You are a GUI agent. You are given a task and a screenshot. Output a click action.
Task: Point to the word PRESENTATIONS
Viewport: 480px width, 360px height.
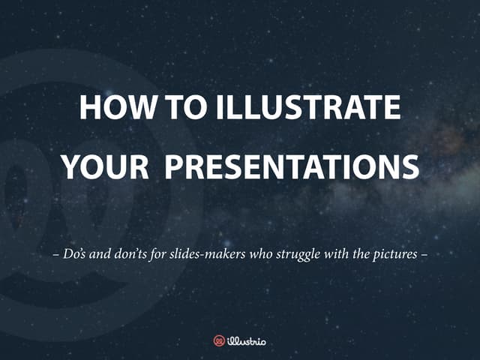(292, 166)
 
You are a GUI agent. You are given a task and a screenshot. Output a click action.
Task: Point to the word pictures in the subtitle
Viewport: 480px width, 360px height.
(394, 253)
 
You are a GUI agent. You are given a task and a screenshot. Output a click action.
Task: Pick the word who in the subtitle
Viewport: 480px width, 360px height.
(263, 253)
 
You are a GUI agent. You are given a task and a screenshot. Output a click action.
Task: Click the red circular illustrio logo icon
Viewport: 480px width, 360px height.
(219, 340)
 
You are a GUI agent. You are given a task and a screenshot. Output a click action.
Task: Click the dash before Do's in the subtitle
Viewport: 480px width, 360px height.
(57, 253)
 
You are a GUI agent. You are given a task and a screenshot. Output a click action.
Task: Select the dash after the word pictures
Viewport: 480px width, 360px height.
(424, 253)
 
